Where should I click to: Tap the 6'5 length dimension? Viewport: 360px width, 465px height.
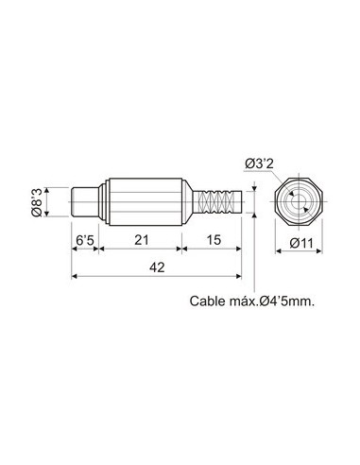click(x=85, y=241)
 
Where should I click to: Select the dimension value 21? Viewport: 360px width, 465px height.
click(x=141, y=241)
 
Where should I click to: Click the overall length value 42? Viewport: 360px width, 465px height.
click(x=157, y=268)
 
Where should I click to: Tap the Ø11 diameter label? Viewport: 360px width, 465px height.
click(x=301, y=244)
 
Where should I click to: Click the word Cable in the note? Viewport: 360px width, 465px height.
click(x=208, y=301)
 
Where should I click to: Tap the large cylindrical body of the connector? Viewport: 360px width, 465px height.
click(x=142, y=200)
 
